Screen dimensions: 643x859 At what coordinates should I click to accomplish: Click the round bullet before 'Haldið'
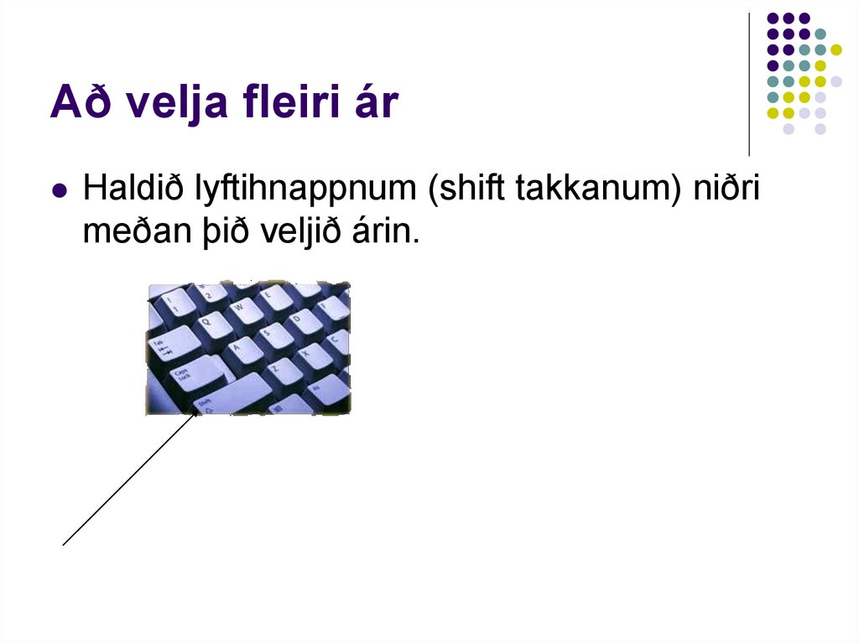(x=59, y=191)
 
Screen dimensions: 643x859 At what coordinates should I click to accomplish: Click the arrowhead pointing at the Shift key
(x=195, y=413)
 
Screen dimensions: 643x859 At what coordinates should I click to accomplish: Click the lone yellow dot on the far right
(x=836, y=49)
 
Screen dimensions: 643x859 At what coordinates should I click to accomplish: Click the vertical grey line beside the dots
(x=749, y=84)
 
